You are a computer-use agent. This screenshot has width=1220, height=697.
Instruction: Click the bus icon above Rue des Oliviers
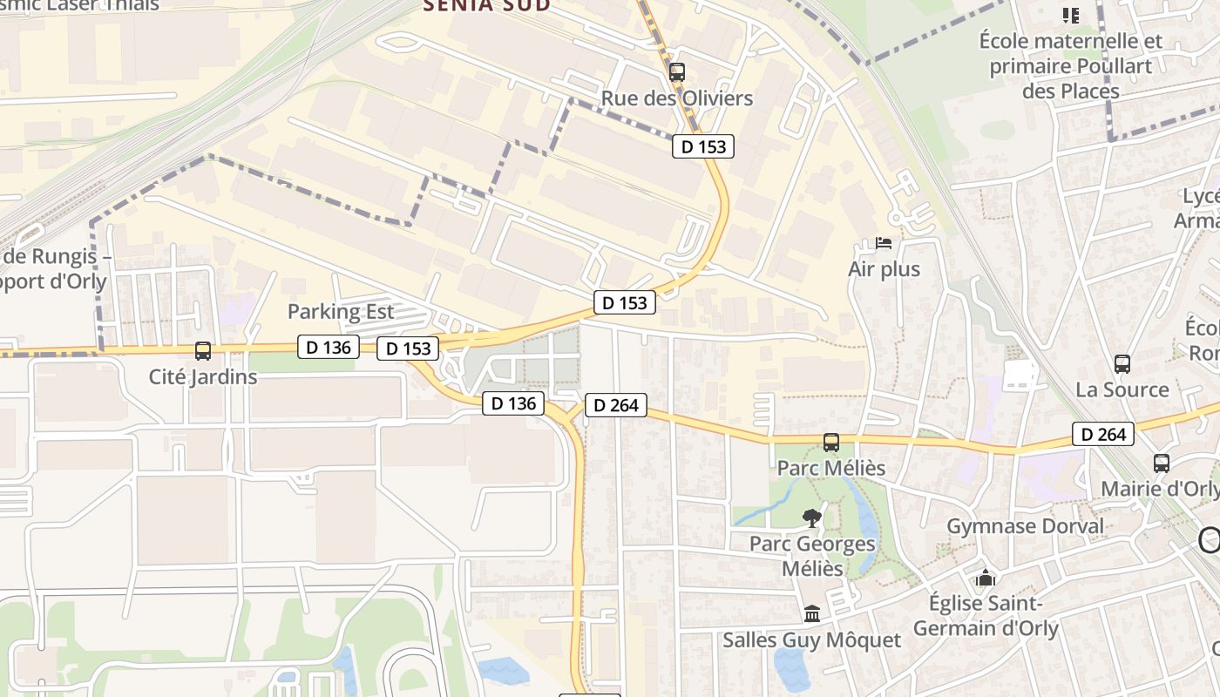677,72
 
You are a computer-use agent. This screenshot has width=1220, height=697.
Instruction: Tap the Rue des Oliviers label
677,98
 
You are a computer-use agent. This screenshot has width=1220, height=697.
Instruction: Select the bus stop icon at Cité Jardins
203,351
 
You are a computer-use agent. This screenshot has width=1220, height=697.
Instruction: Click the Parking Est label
341,312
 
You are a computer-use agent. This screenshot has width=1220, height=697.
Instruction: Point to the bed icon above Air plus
884,243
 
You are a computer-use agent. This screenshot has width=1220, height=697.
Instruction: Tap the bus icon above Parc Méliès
831,443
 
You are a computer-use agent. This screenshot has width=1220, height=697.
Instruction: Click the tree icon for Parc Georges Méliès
812,518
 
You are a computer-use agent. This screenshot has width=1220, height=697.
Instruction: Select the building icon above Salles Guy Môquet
812,614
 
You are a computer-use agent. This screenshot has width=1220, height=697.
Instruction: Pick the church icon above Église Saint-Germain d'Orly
986,578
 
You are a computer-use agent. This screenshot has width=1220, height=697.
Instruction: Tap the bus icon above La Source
1122,364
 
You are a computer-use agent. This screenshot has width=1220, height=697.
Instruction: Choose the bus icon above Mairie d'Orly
1162,464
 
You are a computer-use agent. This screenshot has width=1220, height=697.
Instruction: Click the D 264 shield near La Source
1103,434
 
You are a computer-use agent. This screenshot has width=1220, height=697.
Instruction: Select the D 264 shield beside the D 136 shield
615,405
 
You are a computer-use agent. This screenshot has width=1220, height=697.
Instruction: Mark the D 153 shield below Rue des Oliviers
703,146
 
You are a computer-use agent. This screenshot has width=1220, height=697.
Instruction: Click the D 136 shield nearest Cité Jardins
329,347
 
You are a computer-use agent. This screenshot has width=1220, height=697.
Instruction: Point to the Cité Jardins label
203,377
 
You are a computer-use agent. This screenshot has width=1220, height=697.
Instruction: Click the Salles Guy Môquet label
812,640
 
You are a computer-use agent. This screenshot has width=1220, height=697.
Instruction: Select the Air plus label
884,269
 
